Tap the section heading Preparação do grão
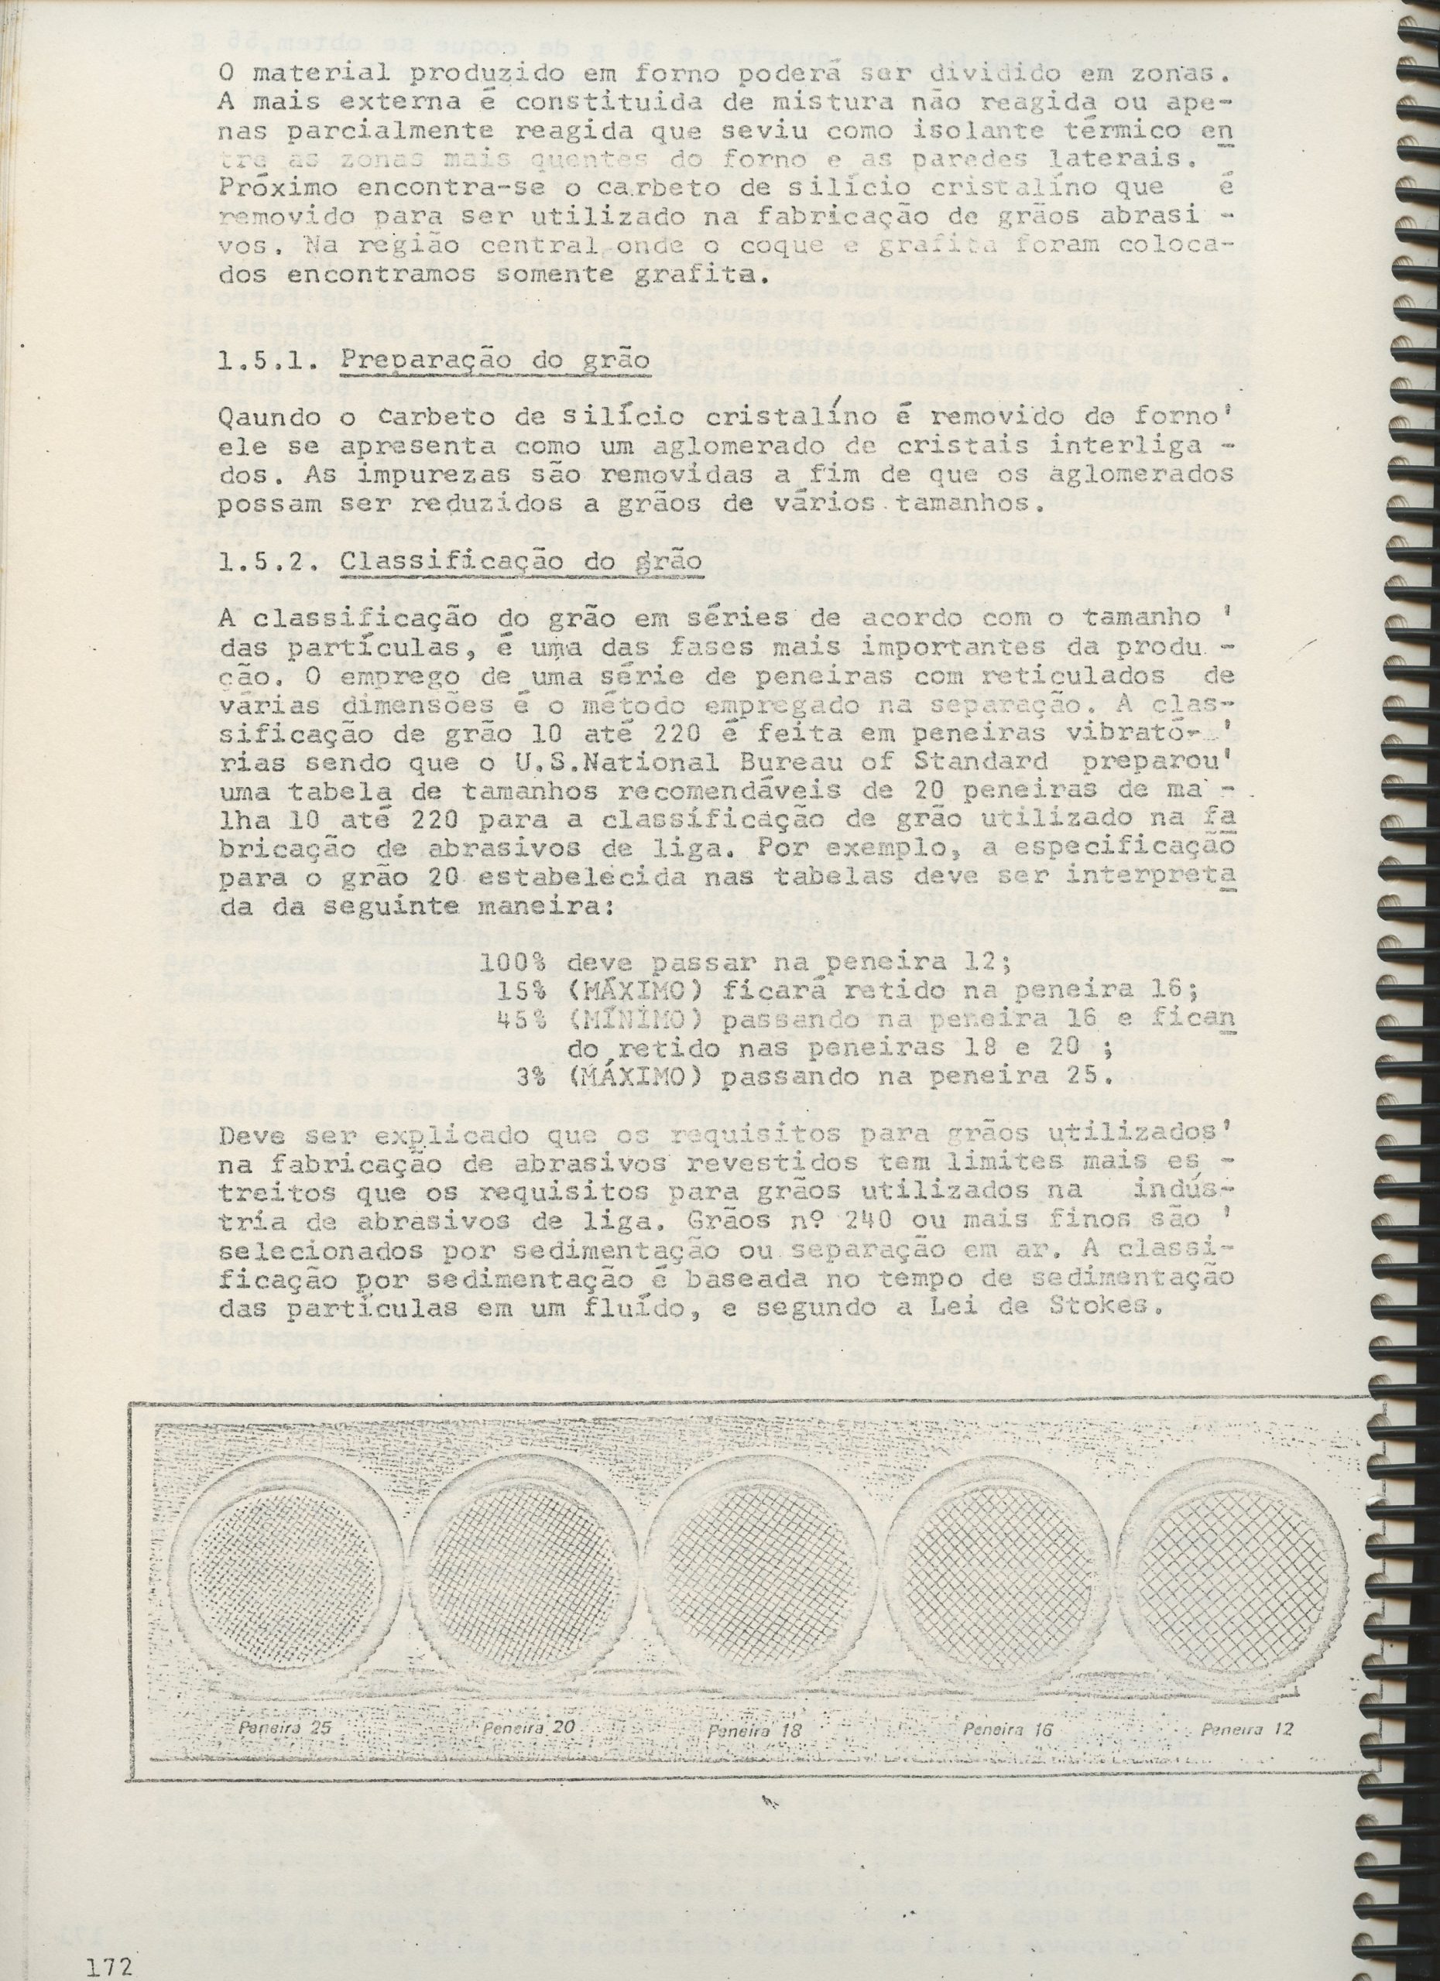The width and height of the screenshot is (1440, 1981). (495, 362)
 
